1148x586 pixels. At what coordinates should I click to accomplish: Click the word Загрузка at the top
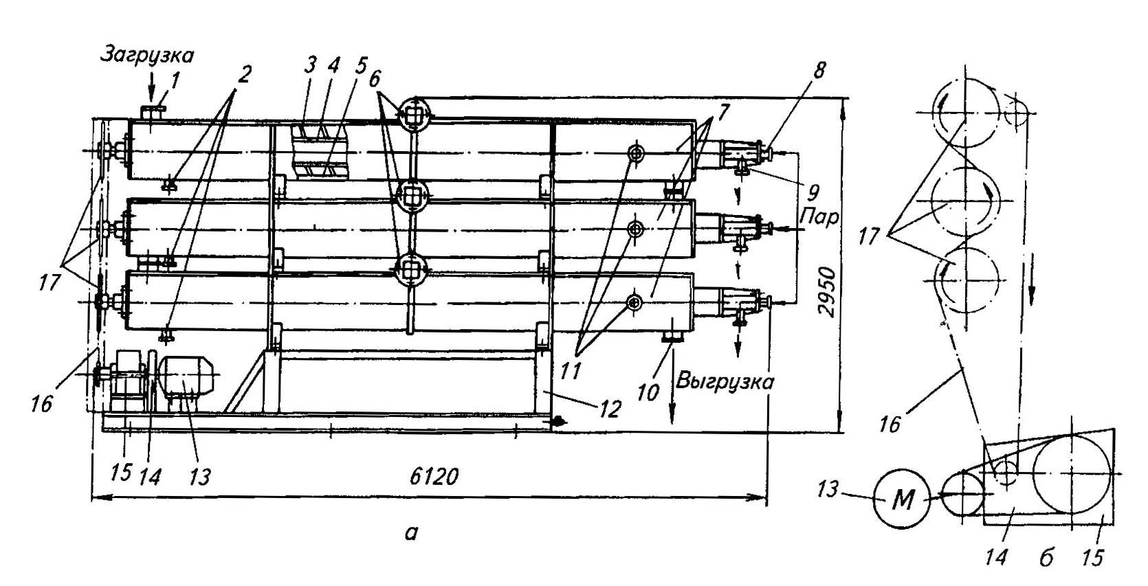(146, 54)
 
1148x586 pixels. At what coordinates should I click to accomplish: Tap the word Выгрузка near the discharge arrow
(725, 382)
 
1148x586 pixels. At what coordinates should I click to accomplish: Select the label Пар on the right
(819, 218)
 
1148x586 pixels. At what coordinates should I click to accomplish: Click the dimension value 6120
(434, 477)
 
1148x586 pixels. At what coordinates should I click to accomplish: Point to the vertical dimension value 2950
(828, 291)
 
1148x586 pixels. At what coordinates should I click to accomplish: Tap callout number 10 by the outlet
(648, 393)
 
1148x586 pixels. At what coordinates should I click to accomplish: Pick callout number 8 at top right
(819, 70)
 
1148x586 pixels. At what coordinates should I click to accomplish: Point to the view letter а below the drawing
(411, 532)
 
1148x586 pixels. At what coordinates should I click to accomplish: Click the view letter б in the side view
(1046, 559)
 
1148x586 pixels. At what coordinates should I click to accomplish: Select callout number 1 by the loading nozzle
(175, 81)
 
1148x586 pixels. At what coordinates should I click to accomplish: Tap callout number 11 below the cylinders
(571, 371)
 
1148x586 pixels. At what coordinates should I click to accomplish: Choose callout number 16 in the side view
(889, 424)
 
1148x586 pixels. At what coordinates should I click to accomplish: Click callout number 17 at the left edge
(49, 282)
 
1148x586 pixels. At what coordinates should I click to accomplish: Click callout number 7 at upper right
(721, 112)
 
